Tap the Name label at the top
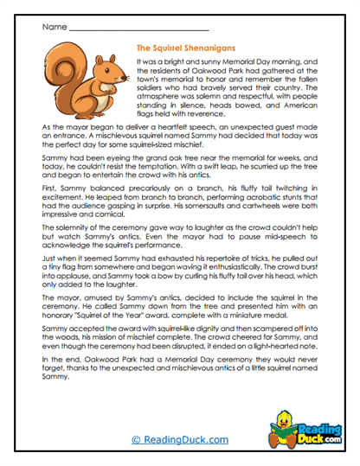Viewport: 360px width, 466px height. (x=53, y=28)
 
